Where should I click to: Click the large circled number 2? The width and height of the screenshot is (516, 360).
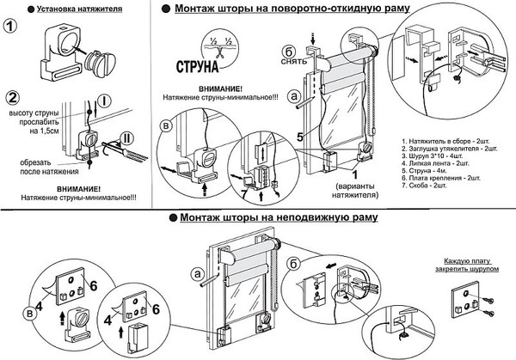tap(13, 96)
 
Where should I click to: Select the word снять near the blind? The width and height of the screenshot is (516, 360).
tap(291, 61)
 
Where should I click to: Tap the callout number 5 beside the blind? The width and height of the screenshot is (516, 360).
tap(300, 136)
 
